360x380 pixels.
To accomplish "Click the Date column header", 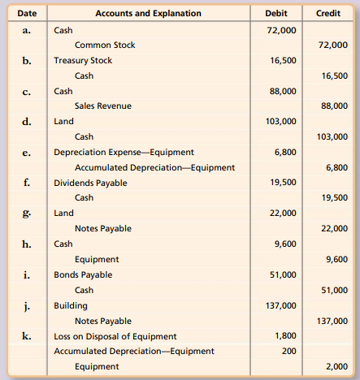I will tap(27, 14).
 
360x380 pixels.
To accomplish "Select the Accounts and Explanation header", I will tap(148, 14).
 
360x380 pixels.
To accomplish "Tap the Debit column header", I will tap(276, 14).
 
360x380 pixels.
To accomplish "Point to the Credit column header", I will tap(328, 14).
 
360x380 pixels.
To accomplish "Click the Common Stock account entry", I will tap(105, 45).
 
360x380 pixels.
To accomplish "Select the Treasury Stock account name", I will tap(83, 60).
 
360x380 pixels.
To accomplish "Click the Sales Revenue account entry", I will tap(103, 106).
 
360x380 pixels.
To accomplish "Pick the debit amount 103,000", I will tap(281, 122).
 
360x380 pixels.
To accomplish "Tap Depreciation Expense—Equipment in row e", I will tap(124, 152).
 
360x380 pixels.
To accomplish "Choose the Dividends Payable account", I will tap(91, 183).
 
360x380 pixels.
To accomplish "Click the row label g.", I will tap(27, 213).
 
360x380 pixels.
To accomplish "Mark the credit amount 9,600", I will tap(337, 259).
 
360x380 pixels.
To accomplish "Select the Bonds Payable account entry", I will tap(83, 274).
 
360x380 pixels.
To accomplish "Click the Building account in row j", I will tap(71, 306).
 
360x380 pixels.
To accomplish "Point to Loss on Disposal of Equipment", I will tap(115, 336).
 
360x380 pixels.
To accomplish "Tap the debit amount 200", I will tap(289, 351).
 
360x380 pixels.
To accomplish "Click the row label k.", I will tap(27, 336).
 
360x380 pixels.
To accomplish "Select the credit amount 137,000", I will tap(332, 321).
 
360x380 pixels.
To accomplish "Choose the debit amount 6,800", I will tap(286, 152).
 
